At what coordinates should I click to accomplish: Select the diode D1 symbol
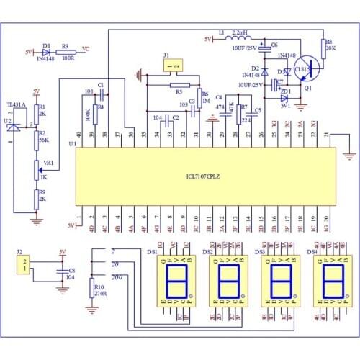48,52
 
